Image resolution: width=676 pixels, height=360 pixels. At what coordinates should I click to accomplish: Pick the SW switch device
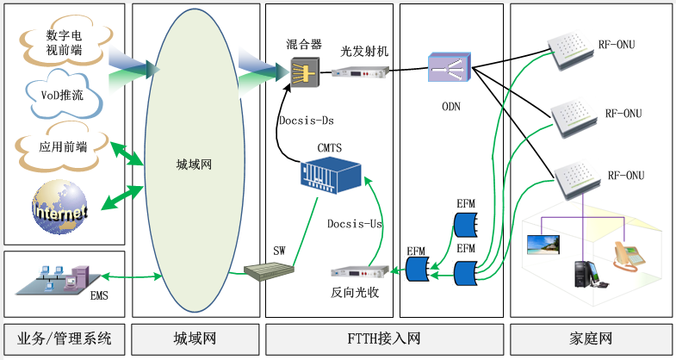click(x=268, y=273)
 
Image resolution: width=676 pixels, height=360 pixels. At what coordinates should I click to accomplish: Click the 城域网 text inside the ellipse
click(x=194, y=164)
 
